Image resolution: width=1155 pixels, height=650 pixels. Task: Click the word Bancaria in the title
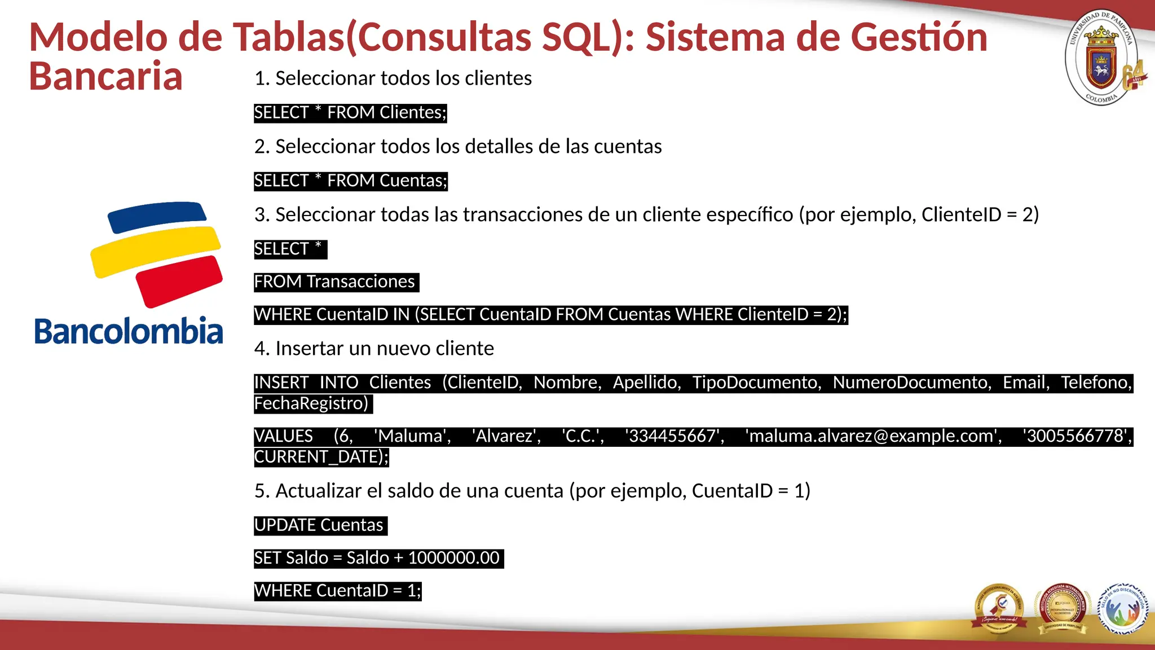tap(105, 76)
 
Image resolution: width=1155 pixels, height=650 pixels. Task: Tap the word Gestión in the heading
tap(919, 37)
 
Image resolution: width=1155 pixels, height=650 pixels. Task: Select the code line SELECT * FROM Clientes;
tap(350, 113)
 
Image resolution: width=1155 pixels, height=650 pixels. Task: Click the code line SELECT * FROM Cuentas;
tap(350, 181)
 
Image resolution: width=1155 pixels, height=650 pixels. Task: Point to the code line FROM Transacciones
tap(335, 282)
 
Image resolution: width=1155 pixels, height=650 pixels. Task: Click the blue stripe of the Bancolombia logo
tap(157, 216)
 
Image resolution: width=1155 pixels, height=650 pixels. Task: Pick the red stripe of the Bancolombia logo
tap(179, 280)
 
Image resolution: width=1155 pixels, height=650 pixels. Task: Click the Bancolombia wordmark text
tap(129, 331)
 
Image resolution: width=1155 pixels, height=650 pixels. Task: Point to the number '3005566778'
tap(1075, 436)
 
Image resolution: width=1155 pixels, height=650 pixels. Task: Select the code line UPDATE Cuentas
tap(319, 525)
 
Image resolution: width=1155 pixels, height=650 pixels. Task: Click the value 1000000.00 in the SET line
tap(453, 558)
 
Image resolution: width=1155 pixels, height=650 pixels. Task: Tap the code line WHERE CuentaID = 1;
tap(337, 591)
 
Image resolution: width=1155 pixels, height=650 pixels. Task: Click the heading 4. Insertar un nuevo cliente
tap(374, 349)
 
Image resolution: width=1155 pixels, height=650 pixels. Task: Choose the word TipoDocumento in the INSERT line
tap(756, 383)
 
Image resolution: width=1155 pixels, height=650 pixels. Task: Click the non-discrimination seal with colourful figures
tap(1122, 608)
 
